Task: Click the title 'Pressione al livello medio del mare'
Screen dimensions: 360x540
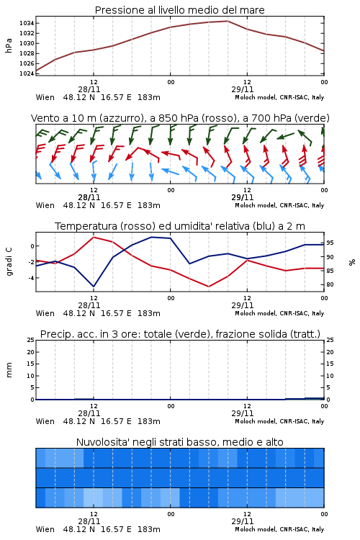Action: tap(179, 10)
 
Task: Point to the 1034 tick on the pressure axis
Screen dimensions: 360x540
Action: tap(27, 24)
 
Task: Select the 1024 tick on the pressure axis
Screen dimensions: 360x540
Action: tap(27, 73)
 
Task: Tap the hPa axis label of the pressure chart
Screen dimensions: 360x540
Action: tap(9, 45)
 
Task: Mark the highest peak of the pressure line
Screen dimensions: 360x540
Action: tap(228, 21)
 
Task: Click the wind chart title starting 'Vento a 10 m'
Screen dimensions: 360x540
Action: tap(180, 118)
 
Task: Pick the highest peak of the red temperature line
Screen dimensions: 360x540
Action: tap(94, 237)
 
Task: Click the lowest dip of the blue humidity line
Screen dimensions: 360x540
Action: tap(94, 287)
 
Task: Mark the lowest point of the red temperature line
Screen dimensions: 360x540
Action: tap(209, 287)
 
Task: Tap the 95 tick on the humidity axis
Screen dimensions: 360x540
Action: tap(330, 243)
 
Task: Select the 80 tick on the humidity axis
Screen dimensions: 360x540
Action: tap(330, 284)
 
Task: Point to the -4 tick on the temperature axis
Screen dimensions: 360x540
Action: tap(31, 278)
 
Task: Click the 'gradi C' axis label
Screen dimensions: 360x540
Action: tap(9, 261)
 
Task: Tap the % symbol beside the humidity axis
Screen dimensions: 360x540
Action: tap(352, 262)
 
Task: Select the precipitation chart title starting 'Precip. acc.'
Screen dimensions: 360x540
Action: tap(180, 334)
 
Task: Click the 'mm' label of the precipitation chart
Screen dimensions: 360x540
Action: tap(9, 370)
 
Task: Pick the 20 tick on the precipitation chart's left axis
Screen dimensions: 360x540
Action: tap(31, 352)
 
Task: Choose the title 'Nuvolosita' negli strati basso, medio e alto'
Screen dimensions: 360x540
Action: tap(179, 442)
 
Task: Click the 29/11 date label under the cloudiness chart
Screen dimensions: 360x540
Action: tap(243, 521)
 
